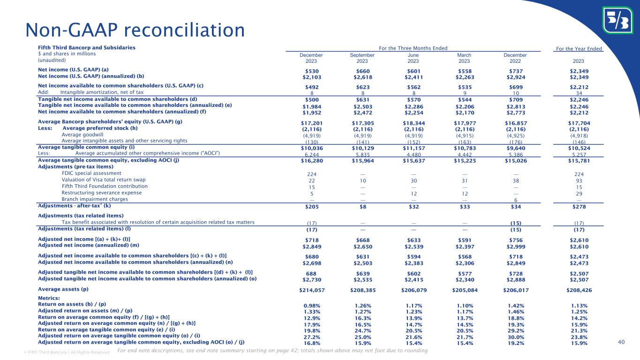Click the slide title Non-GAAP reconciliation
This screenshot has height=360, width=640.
[x=135, y=30]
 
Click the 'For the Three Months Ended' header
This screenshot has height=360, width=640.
[x=413, y=48]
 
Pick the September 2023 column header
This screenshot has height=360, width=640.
[x=362, y=58]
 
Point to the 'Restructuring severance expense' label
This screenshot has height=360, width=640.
[x=102, y=193]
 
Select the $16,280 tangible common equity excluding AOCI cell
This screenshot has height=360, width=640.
[x=311, y=160]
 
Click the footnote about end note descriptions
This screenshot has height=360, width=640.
[x=272, y=351]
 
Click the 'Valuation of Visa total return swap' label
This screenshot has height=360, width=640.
[x=104, y=180]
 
